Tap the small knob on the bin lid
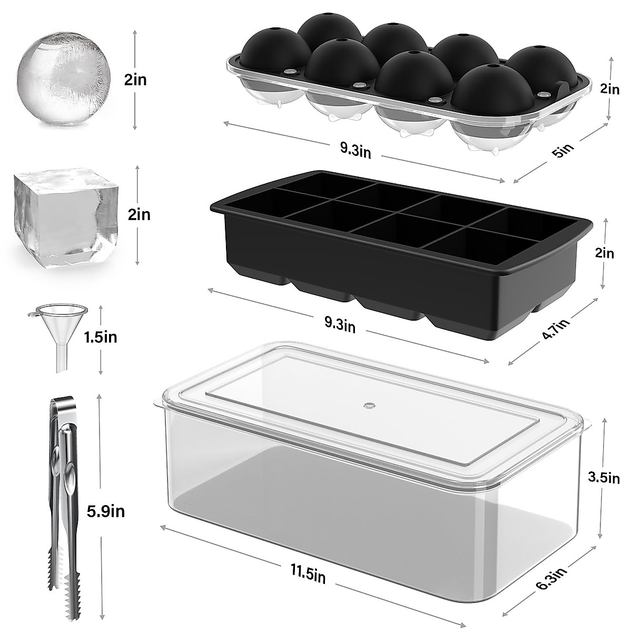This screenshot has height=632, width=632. pos(369,406)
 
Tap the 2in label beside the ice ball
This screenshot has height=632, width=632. pos(135,80)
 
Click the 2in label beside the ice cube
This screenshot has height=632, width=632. pos(139,215)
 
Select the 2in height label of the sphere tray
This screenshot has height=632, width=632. pos(610,90)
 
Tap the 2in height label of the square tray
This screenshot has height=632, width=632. pos(604,253)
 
